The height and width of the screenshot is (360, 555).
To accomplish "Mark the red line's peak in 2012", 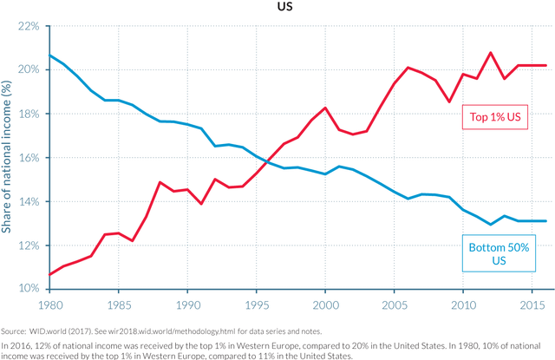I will coord(492,53).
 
